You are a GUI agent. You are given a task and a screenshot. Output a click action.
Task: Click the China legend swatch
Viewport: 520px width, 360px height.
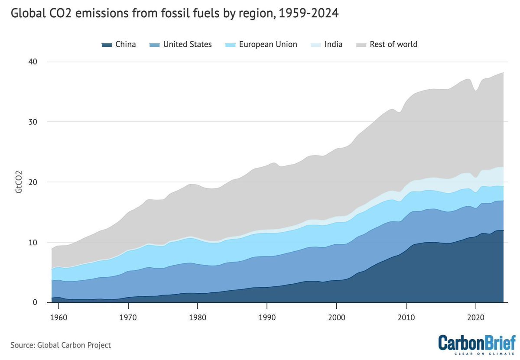106,45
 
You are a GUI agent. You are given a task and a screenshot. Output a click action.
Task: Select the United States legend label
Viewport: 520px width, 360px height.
187,44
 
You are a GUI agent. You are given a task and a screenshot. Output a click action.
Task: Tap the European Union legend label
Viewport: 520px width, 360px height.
268,44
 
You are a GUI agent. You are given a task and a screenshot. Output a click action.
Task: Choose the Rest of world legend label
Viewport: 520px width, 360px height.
393,44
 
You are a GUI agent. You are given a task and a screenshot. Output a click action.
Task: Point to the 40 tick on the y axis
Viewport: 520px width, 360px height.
33,62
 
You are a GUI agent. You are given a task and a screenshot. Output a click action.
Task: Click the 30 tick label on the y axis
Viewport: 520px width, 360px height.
33,122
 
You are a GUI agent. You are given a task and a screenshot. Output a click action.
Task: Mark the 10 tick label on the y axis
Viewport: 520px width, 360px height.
33,242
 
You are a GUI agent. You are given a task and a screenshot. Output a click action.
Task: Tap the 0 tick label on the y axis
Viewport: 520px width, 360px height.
35,302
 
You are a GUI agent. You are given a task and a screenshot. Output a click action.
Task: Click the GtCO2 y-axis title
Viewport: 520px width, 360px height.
19,182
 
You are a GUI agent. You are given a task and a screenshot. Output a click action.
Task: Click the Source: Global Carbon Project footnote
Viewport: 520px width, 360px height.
61,345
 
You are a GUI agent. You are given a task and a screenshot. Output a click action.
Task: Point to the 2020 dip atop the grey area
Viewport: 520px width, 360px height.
476,90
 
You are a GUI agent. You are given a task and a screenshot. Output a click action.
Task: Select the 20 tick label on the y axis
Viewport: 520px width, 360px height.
33,182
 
